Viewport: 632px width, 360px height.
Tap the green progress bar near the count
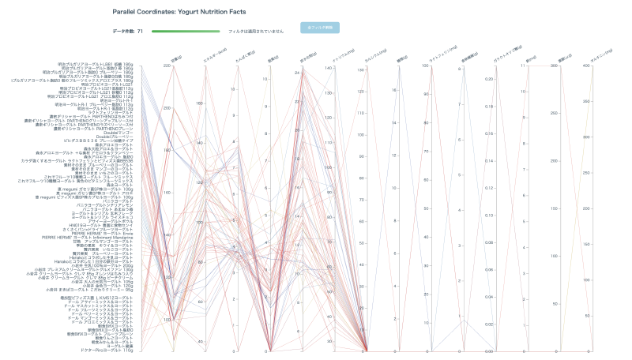click(185, 31)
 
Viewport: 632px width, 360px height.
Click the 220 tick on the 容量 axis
click(167, 66)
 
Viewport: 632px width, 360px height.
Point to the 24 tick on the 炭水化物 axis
click(295, 73)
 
